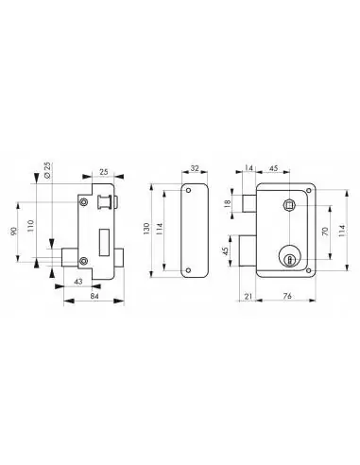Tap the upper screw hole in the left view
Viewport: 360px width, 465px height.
84,202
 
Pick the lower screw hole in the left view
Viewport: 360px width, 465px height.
84,261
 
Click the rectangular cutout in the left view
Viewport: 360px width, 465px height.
104,231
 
